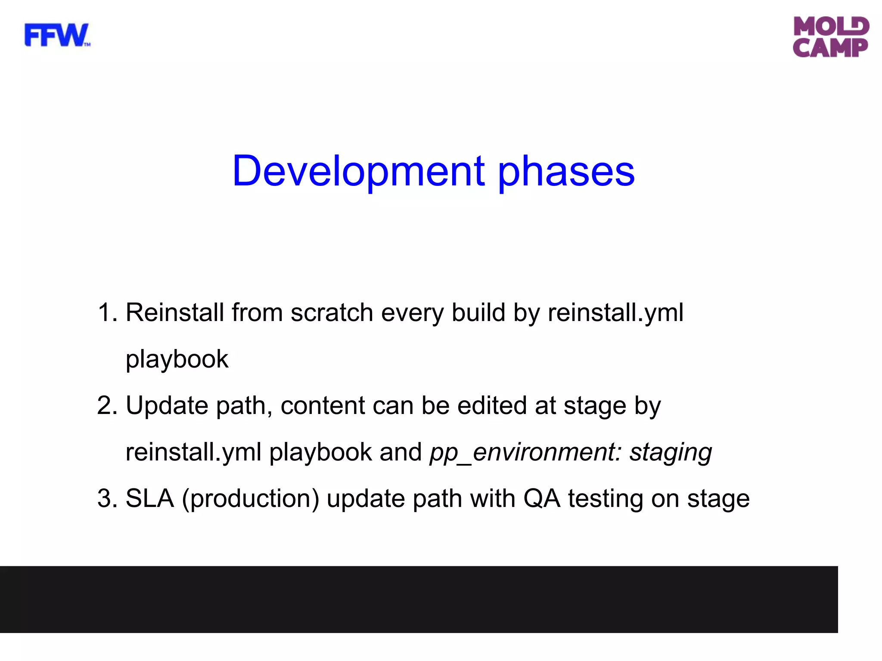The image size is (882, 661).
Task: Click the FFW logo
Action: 57,35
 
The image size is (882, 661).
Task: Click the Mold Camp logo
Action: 831,37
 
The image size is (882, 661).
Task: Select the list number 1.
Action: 107,312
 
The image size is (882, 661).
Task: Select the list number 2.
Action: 107,405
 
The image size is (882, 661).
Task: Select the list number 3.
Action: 107,498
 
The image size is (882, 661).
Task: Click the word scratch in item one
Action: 332,312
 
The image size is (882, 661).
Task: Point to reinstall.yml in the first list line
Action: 615,313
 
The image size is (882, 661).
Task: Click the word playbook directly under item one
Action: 177,360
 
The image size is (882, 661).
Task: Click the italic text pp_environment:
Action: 525,453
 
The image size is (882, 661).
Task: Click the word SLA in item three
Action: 149,498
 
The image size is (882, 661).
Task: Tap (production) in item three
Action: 250,499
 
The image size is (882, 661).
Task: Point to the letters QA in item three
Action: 541,499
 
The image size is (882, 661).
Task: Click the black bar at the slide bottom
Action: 419,599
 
